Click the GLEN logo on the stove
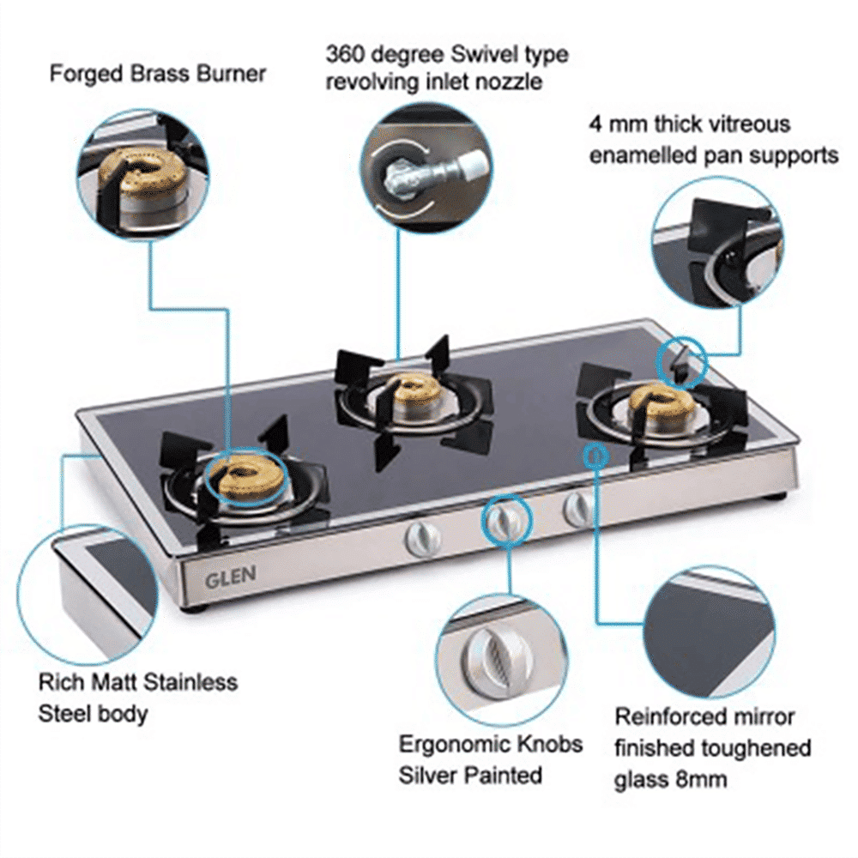coord(229,577)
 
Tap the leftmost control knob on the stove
coord(421,538)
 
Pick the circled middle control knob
coord(504,521)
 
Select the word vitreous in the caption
coord(747,124)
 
